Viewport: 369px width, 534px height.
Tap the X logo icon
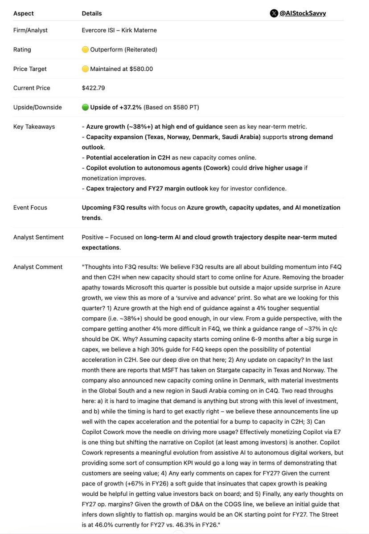[x=274, y=13]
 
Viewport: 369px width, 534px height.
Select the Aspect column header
[x=23, y=14]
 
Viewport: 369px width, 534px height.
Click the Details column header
[x=92, y=14]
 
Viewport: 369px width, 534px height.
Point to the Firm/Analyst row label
[x=30, y=30]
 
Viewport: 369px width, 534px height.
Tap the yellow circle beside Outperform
[x=85, y=50]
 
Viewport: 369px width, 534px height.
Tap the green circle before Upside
[x=85, y=107]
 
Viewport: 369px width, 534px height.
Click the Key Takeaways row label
[x=34, y=127]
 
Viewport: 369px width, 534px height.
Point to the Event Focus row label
[x=30, y=208]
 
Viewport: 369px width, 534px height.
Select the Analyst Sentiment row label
[x=38, y=237]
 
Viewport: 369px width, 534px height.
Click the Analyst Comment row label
[x=38, y=267]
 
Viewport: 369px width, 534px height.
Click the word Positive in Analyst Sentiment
[x=93, y=237]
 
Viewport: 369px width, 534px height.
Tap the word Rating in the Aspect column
[x=22, y=50]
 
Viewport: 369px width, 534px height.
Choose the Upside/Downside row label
[x=37, y=107]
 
